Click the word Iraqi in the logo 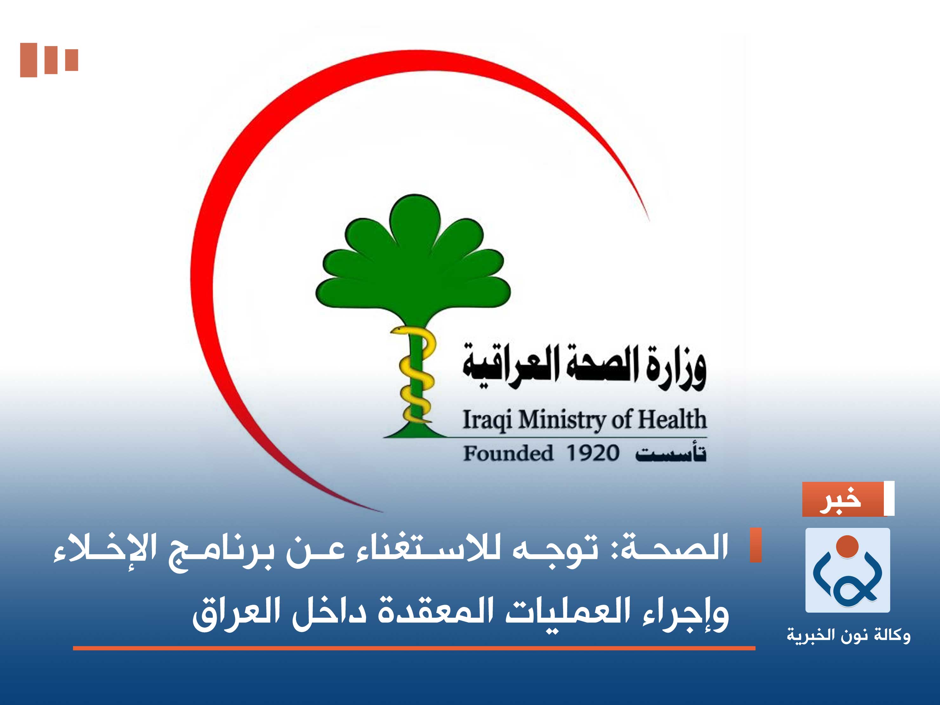487,420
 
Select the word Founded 508,453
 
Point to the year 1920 592,453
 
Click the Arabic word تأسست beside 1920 671,453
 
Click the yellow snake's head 399,330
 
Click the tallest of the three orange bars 29,60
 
